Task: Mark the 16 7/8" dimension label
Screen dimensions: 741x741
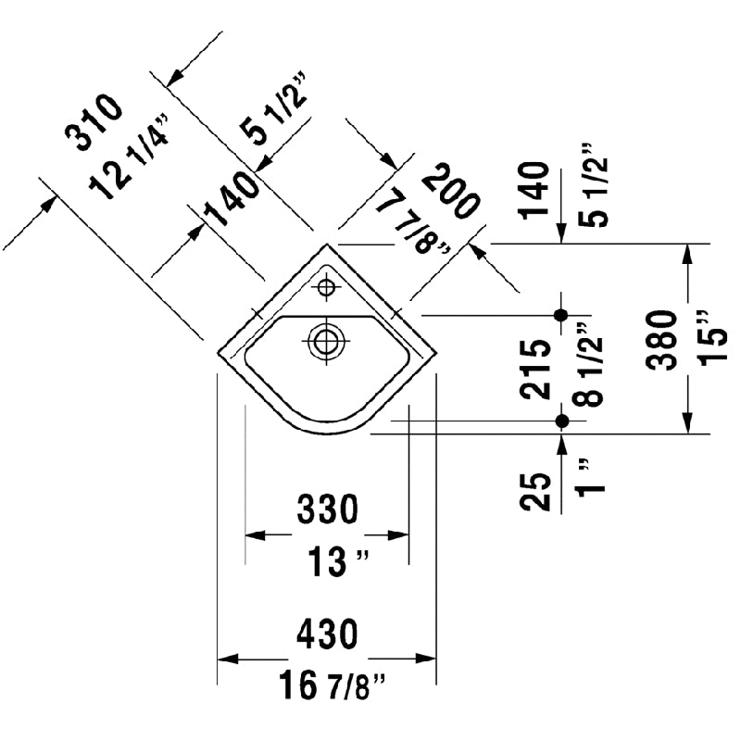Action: pos(332,686)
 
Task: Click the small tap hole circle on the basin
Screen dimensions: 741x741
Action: pos(325,287)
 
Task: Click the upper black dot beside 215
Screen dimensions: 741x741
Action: pos(560,315)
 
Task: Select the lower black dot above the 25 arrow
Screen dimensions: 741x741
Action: pos(560,421)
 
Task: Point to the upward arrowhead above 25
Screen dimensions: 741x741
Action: pos(560,442)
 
